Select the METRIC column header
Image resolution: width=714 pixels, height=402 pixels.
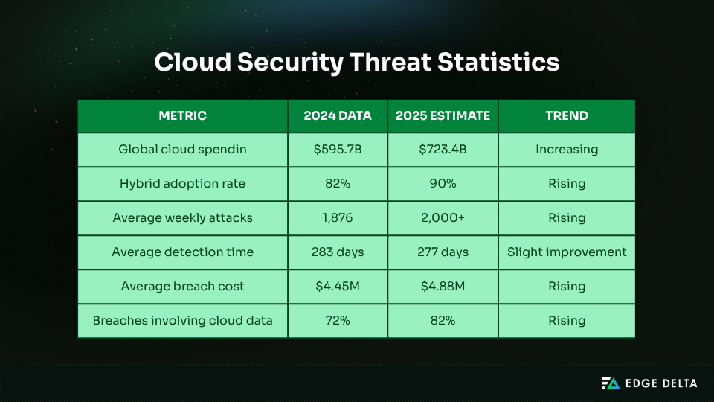pos(182,115)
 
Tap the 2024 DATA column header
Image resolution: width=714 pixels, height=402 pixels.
pos(338,115)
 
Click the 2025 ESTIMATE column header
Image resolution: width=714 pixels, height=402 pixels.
pos(443,115)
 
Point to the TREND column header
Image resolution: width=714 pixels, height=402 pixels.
pos(567,115)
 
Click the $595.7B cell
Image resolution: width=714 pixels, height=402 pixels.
pos(338,150)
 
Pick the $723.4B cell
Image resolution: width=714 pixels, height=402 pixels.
pos(443,150)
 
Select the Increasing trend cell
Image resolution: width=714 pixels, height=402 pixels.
pos(567,150)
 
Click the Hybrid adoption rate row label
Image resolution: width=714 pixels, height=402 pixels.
pos(182,184)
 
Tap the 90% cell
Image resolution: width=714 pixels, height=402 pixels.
pos(443,184)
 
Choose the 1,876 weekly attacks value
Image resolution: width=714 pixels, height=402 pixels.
pos(338,218)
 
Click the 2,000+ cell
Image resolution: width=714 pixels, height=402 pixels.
pos(443,218)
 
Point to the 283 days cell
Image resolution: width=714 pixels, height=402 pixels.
pos(338,252)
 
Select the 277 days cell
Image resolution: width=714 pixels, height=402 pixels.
pos(443,252)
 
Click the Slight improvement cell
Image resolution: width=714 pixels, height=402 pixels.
pos(567,252)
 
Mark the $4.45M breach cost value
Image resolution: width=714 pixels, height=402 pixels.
pos(338,287)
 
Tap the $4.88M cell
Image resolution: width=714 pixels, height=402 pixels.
pos(443,287)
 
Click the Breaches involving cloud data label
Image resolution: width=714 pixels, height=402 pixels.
pos(182,321)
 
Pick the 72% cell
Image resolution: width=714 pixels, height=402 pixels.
pos(338,321)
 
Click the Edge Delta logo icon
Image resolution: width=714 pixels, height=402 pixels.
pos(611,383)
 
